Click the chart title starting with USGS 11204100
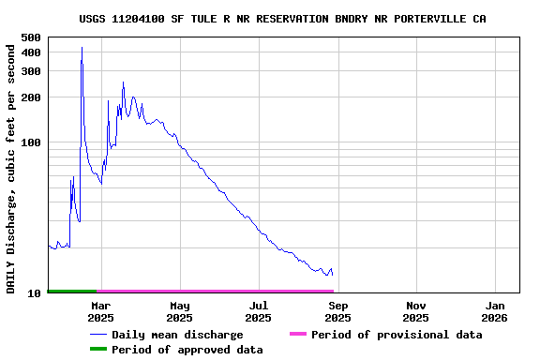[282, 19]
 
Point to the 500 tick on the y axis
[30, 37]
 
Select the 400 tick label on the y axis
[30, 52]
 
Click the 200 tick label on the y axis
[30, 97]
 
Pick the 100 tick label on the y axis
[30, 142]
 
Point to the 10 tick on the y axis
[34, 293]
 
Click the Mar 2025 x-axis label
[100, 311]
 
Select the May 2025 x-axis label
[179, 311]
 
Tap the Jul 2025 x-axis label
[259, 311]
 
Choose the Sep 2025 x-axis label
[338, 311]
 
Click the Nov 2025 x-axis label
[417, 311]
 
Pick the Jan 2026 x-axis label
[496, 311]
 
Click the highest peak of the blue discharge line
[82, 48]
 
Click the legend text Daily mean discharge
[177, 335]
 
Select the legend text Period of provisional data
[397, 335]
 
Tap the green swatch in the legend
[97, 350]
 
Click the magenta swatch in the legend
[297, 335]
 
